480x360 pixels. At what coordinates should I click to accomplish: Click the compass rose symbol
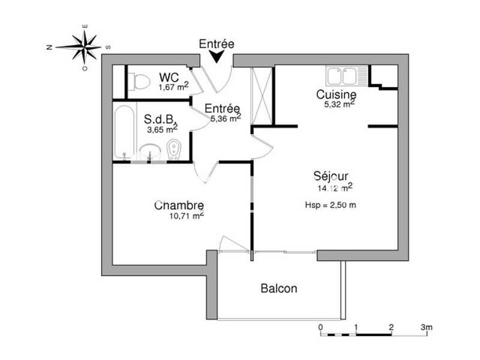86,46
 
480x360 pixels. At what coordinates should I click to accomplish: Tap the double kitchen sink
343,76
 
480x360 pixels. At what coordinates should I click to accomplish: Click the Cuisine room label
337,95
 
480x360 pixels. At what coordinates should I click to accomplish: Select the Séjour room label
331,176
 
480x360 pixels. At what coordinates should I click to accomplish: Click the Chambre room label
179,205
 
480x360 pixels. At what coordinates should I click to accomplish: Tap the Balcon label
278,288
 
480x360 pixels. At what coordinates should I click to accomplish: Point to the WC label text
167,78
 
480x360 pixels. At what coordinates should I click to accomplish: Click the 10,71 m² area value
187,216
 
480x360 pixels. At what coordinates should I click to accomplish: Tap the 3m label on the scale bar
427,327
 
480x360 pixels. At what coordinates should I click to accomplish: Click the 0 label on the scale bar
321,327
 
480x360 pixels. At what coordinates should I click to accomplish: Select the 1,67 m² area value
173,88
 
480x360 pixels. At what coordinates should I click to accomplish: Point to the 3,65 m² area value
163,128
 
